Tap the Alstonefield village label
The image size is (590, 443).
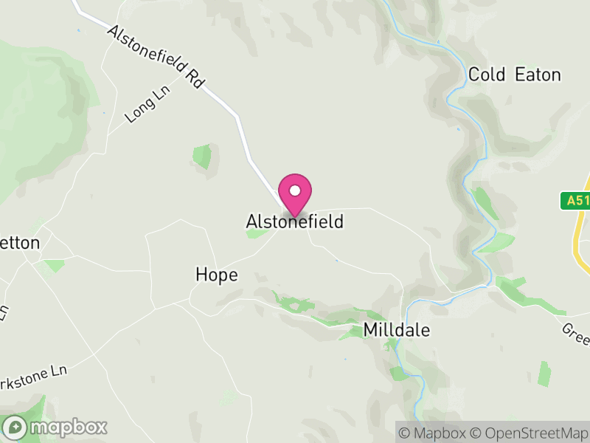point(294,221)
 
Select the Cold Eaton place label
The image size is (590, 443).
point(515,75)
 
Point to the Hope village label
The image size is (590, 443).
point(217,275)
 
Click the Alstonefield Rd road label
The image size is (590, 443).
point(155,58)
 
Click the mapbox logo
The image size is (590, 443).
point(55,427)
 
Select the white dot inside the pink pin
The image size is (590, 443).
point(295,190)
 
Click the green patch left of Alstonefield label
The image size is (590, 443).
point(256,233)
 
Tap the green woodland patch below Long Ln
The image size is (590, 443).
point(201,157)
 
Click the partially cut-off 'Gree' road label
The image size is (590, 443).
point(576,330)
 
